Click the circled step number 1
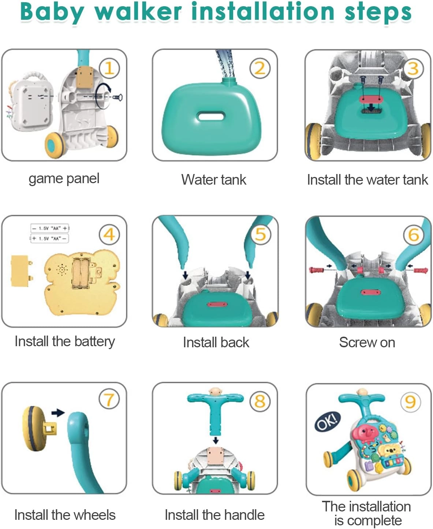109,68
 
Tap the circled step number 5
260,234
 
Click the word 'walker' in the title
138,12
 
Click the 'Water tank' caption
214,180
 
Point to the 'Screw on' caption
367,342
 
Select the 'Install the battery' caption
65,341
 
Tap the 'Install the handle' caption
214,515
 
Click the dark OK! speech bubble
328,422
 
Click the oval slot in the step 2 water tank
211,116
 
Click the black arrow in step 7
57,413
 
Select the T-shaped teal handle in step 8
215,408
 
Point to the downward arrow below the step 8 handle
216,440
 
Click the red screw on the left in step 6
317,270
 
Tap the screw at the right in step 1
117,97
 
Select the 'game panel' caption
64,178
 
